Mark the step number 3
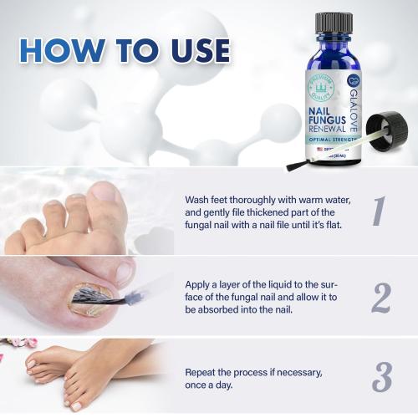(381, 377)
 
